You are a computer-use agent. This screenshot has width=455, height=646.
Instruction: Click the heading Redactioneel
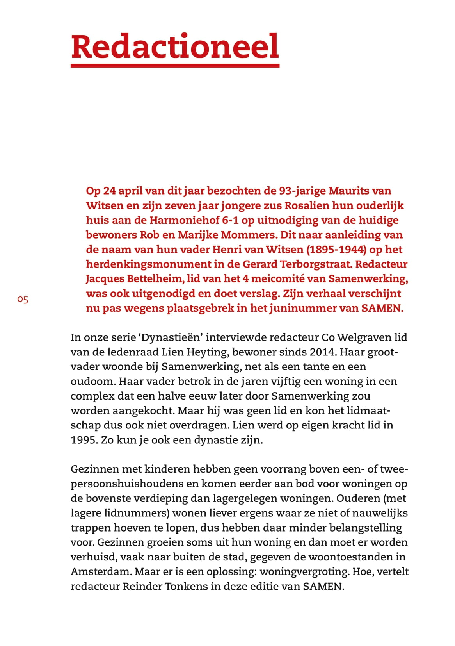175,46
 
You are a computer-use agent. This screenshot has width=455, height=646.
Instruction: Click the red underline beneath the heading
175,66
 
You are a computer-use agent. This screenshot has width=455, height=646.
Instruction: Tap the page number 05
23,300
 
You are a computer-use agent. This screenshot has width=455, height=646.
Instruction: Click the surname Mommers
245,235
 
